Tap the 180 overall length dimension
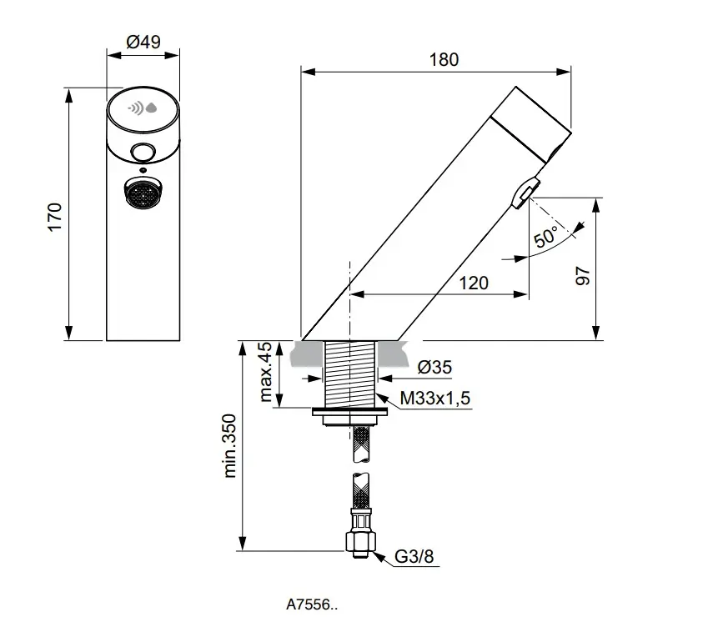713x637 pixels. pos(444,60)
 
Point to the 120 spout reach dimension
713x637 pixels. pos(473,283)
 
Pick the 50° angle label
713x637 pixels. pos(546,238)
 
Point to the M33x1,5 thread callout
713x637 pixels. pos(434,399)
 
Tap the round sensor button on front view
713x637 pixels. pos(143,152)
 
